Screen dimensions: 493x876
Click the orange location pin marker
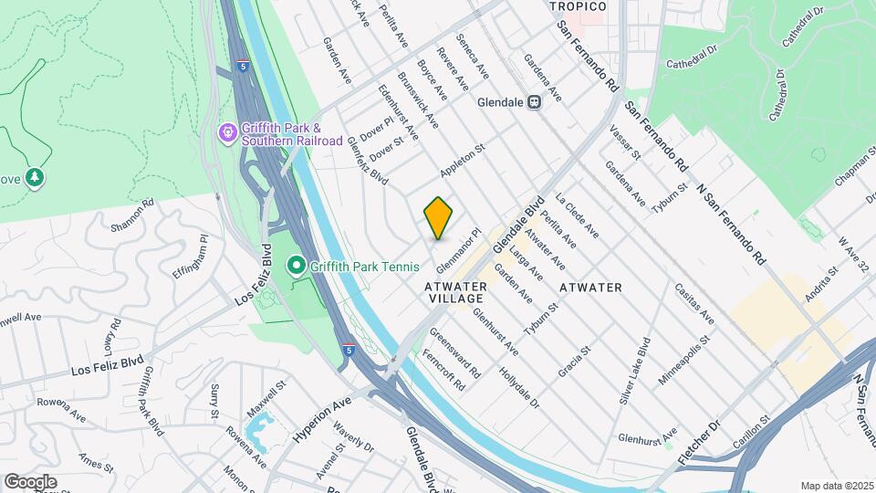tap(439, 218)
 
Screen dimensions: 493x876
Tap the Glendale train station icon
tap(536, 102)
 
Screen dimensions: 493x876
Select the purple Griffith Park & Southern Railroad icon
tap(227, 134)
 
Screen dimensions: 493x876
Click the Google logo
tap(30, 481)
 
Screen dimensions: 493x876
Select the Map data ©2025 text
tap(837, 486)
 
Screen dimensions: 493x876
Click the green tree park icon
tap(35, 176)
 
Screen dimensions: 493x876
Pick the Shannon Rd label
tap(128, 215)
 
